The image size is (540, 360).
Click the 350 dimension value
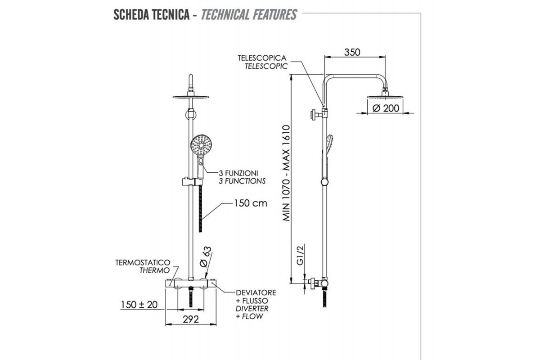coord(352,52)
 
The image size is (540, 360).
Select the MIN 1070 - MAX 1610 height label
coord(286,173)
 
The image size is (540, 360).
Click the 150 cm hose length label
coord(250,203)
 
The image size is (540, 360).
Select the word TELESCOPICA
coord(262,58)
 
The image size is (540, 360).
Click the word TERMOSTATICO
coord(143,262)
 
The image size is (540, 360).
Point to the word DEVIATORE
coord(256,292)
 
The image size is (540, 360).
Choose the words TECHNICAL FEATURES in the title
coord(248,14)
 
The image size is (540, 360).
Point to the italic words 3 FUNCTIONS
coord(242,181)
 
